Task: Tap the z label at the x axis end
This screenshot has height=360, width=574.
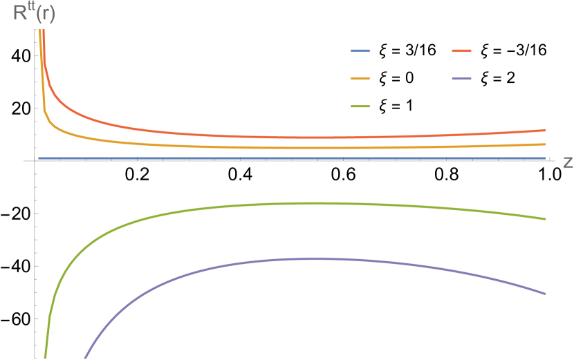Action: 568,162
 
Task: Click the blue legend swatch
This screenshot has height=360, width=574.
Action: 360,51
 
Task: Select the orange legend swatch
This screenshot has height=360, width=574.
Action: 360,79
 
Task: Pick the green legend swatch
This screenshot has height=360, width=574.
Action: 360,106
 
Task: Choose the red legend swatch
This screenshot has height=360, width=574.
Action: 461,51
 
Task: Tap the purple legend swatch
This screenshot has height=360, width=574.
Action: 461,79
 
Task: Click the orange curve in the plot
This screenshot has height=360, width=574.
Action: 207,145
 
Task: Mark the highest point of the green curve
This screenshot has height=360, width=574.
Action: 318,203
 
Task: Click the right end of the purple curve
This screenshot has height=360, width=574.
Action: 545,294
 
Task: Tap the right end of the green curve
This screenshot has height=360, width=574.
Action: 545,219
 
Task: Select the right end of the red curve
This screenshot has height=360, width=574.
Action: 545,130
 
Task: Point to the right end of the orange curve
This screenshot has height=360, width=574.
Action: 545,144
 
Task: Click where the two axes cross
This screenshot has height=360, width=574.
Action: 34,160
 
